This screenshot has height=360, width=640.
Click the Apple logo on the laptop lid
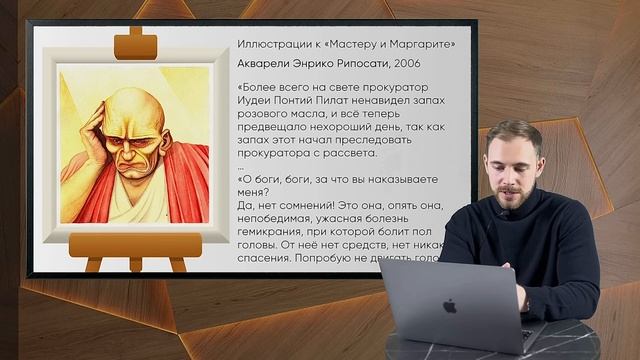450,306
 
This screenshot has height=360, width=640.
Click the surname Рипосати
345,63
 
